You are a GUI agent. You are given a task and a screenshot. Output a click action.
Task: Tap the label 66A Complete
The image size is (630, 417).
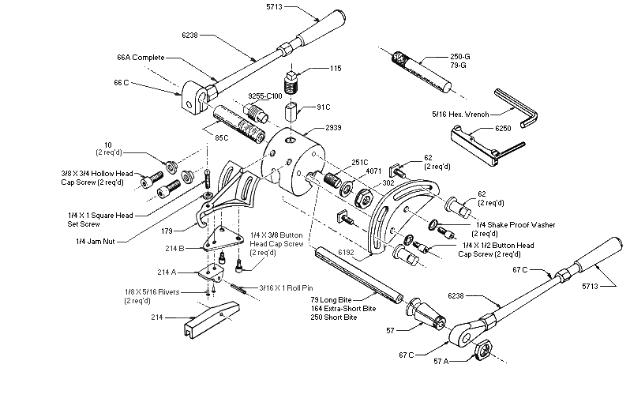140,58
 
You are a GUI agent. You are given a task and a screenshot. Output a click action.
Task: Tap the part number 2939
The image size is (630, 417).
336,129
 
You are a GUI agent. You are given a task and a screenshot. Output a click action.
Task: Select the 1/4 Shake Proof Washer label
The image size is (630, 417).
514,225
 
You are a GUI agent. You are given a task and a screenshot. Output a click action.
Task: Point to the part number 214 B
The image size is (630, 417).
175,248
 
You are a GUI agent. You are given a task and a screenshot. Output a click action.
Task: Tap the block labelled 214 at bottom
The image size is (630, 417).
208,323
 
